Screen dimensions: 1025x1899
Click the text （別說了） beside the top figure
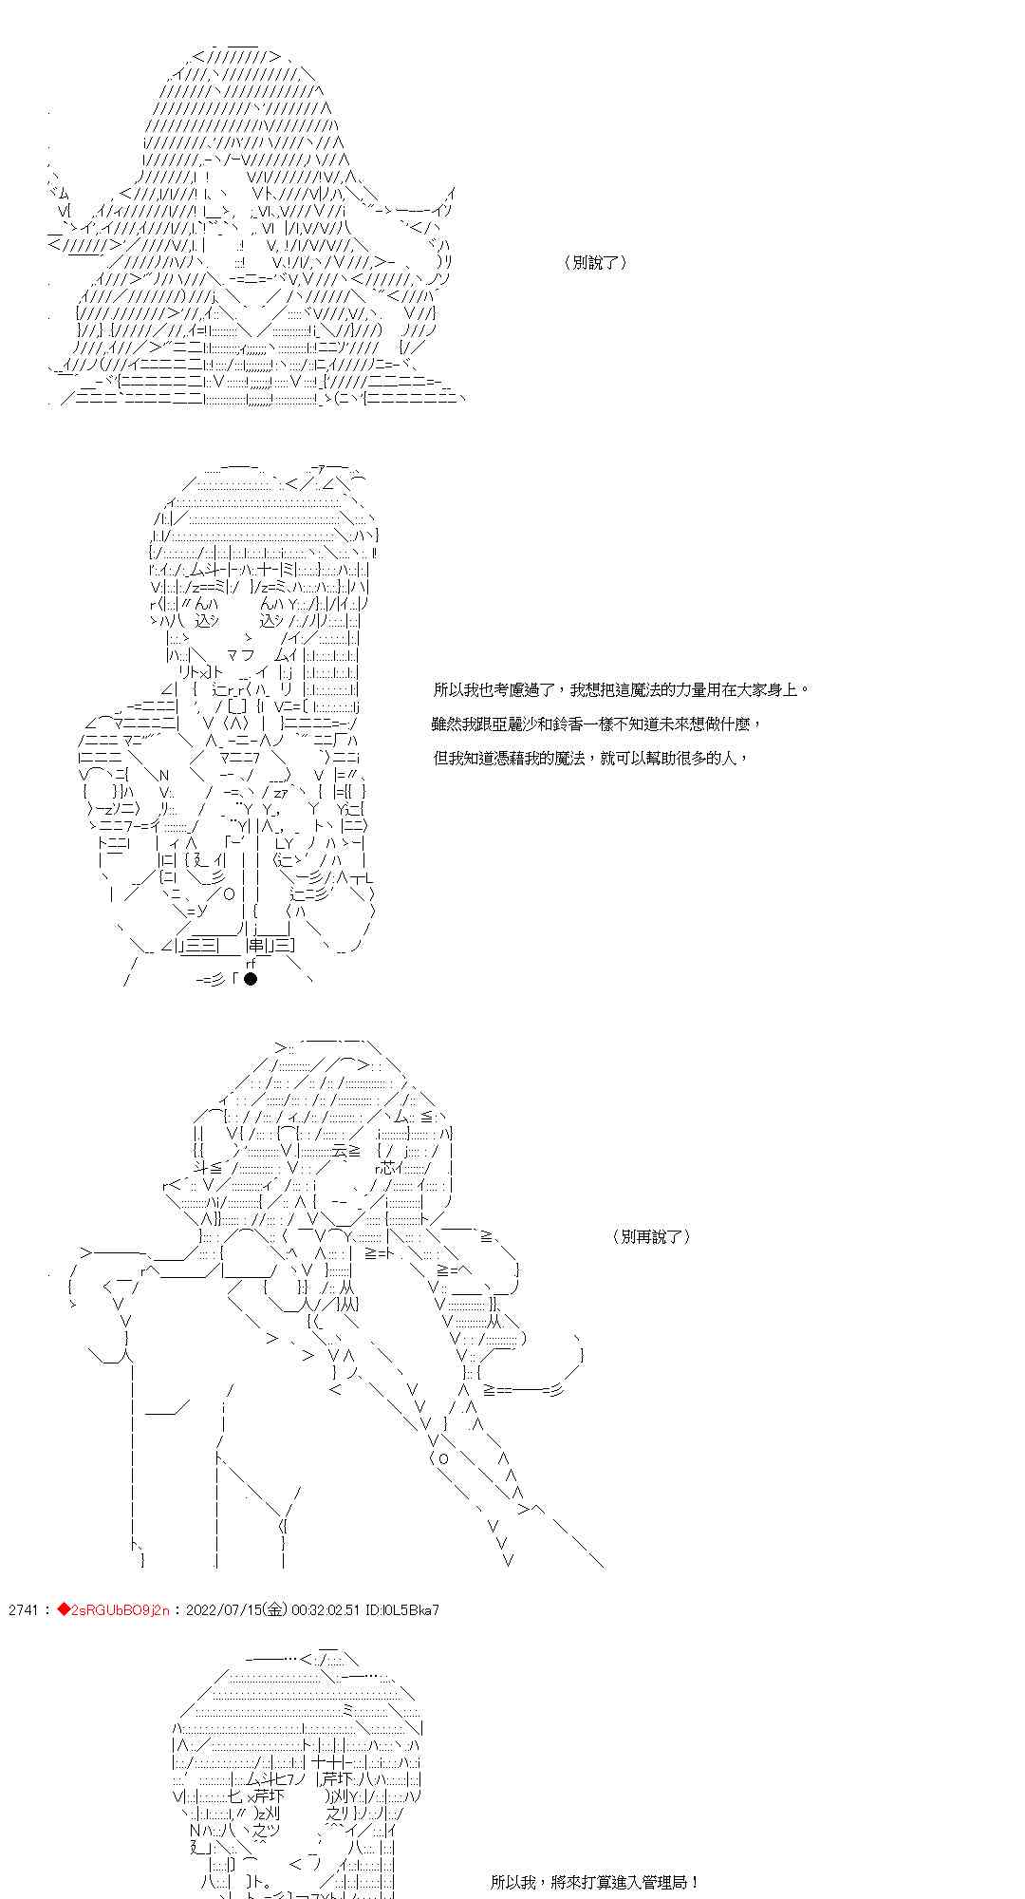(595, 263)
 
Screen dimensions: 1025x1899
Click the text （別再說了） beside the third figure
(652, 1236)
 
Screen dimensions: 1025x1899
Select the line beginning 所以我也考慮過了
(622, 689)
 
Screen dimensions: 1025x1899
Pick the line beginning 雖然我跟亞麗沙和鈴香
(597, 724)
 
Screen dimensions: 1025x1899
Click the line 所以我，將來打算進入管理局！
(596, 1881)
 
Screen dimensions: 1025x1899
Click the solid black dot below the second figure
(250, 979)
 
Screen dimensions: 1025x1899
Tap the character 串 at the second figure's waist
(256, 945)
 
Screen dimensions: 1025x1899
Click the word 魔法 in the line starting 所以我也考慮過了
(641, 689)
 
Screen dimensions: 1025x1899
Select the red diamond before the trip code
(64, 1609)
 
